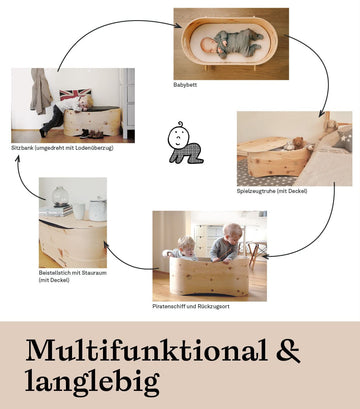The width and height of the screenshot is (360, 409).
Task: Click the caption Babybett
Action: point(185,85)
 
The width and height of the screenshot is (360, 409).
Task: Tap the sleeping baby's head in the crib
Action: point(208,44)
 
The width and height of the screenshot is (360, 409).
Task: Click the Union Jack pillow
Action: point(75,94)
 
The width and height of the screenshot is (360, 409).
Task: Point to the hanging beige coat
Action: point(41,91)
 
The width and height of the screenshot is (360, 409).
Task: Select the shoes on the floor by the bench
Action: point(92,134)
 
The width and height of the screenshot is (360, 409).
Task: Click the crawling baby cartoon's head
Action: point(179,135)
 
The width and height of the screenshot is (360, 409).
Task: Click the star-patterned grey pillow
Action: point(343,139)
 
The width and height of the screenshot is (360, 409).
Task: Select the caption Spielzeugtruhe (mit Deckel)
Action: point(272,191)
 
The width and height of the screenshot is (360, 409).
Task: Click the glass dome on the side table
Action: point(60,195)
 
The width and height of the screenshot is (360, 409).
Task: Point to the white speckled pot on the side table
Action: point(97,210)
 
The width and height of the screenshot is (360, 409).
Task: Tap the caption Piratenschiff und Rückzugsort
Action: point(191,306)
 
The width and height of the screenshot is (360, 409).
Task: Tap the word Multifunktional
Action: point(147,350)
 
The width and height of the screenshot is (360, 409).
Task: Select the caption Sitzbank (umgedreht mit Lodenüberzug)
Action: point(62,147)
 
